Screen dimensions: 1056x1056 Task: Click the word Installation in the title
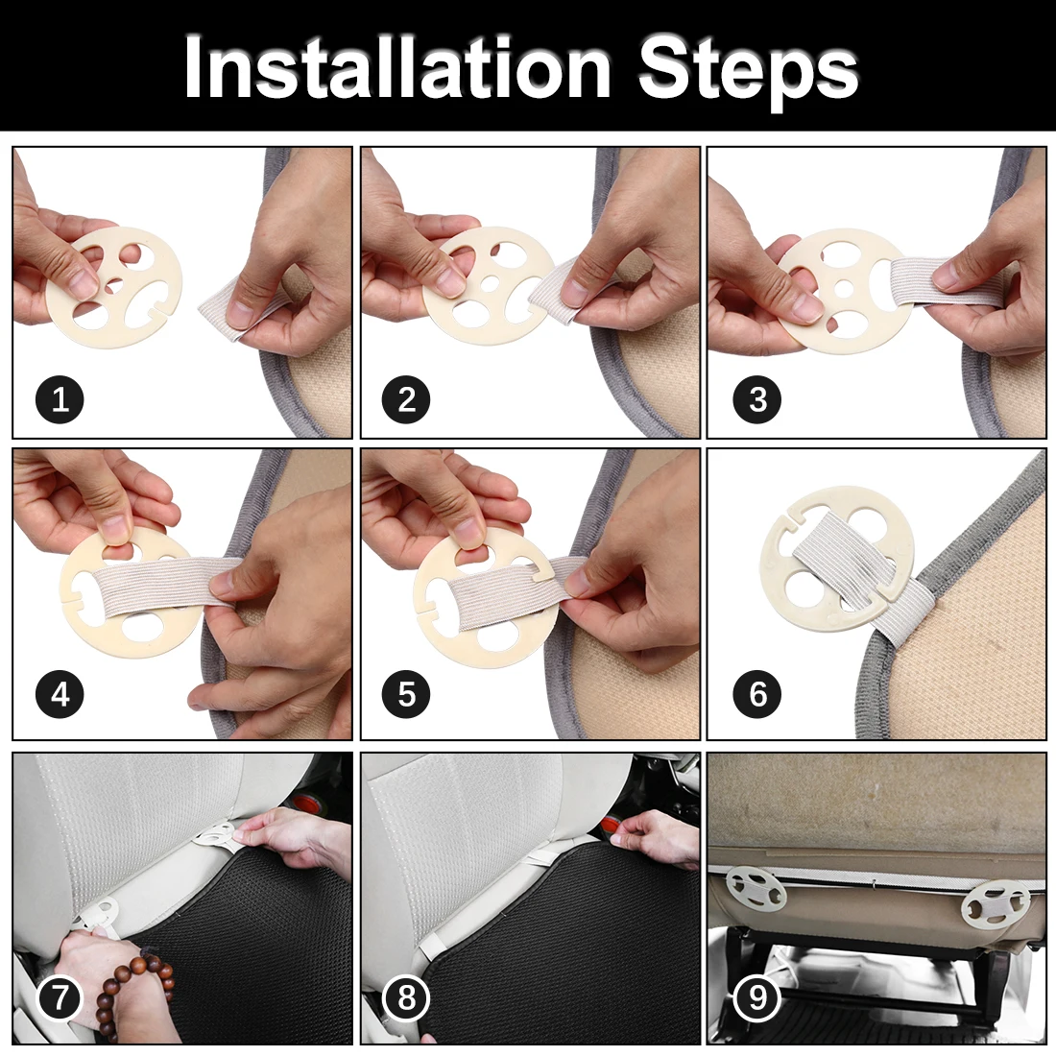coord(397,67)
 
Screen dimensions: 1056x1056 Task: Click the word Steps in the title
coord(748,71)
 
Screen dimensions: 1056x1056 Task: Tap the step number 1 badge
coord(60,399)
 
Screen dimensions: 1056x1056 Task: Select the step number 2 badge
coord(406,399)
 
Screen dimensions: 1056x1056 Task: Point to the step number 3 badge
coord(757,399)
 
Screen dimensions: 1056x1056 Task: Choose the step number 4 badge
coord(60,694)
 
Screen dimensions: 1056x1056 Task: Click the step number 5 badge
coord(406,694)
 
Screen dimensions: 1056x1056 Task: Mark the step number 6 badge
coord(757,694)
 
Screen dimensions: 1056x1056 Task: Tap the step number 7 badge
coord(60,997)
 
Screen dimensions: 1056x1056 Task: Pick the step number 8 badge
coord(406,997)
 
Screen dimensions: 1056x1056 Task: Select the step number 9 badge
coord(757,997)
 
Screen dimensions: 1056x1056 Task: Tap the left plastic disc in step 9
coord(756,888)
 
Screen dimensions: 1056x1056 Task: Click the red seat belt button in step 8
coord(612,827)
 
